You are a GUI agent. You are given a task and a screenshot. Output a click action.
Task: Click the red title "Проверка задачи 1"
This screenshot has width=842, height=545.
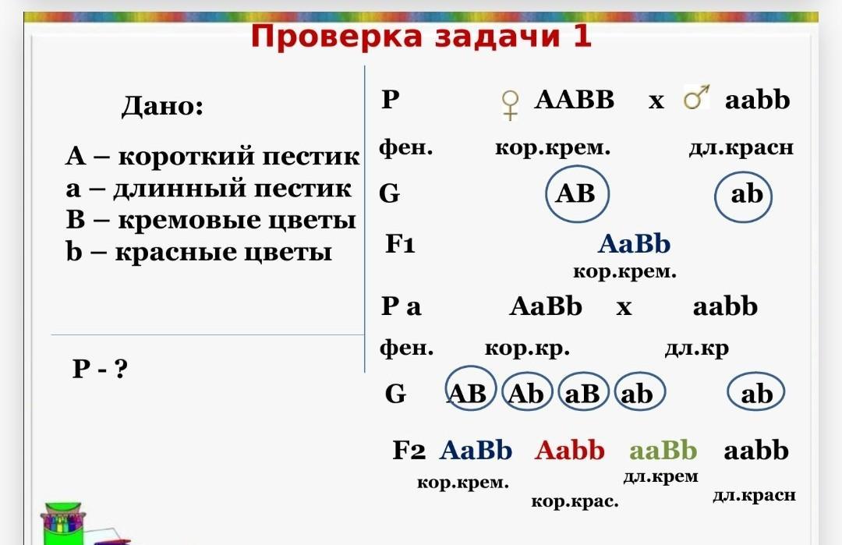pos(421,37)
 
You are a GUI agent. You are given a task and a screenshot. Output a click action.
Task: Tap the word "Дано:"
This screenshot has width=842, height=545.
pos(162,105)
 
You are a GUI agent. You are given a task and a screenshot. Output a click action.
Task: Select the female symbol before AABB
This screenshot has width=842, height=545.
pos(510,104)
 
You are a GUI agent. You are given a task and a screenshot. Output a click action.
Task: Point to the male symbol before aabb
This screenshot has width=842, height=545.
pos(696,97)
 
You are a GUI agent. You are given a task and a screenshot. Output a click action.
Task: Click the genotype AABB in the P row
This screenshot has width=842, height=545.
pos(574,100)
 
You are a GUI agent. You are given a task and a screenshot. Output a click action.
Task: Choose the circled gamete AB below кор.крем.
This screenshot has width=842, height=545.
pos(577,194)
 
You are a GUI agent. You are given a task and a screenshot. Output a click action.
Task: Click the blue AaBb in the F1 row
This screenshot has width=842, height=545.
pos(634,244)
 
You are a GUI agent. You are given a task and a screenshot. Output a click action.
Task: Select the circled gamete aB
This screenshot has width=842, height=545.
pos(583,392)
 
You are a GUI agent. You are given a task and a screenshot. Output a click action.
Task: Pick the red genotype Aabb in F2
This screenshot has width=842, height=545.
pos(569,450)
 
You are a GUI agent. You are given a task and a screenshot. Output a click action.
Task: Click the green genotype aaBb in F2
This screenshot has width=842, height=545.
pos(663,450)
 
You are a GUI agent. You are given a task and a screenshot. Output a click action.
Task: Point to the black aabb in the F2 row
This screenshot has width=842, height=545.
pos(756,450)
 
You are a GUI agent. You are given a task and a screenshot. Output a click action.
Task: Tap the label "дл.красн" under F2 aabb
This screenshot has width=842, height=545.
pos(754,495)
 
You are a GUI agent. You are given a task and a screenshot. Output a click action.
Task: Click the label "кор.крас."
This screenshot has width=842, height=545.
pos(575,501)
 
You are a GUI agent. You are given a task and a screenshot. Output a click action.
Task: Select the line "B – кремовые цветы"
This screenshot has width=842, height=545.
pos(211,220)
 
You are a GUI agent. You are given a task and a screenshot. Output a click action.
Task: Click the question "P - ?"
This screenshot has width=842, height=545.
pos(100,368)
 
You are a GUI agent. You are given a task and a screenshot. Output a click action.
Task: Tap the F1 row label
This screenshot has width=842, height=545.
pos(400,244)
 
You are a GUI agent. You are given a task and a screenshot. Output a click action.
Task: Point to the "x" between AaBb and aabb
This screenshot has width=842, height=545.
pos(624,308)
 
